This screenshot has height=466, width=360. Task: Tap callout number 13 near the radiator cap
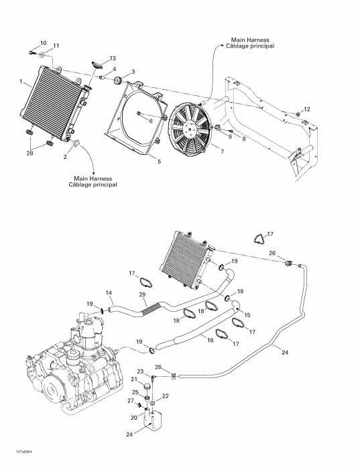(x=113, y=59)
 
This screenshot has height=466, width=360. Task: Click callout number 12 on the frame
(x=307, y=109)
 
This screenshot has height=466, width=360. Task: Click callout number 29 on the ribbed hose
(x=141, y=296)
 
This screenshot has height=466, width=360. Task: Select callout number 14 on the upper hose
(x=109, y=294)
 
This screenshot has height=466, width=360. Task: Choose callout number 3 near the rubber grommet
(x=133, y=72)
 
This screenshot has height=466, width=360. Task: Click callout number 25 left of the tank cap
(x=134, y=392)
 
